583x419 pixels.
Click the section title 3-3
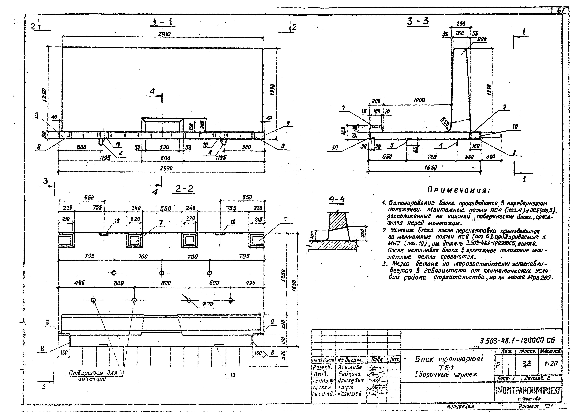click(418, 21)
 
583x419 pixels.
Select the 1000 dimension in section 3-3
click(419, 100)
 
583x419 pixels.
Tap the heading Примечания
click(459, 190)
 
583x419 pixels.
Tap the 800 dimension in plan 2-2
click(166, 283)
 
